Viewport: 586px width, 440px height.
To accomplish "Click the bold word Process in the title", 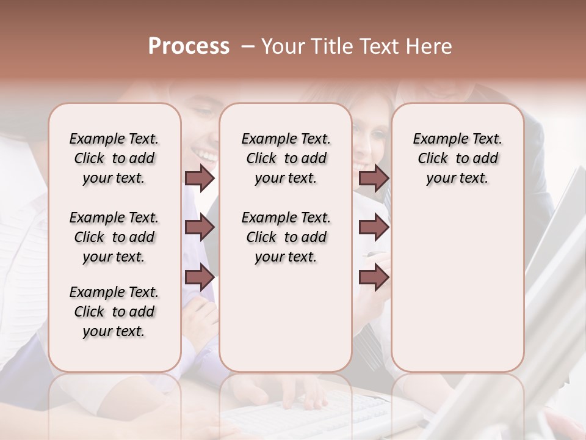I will (x=189, y=46).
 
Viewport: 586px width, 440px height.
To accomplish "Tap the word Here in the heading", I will (x=429, y=46).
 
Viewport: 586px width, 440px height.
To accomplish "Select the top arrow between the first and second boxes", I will (x=200, y=178).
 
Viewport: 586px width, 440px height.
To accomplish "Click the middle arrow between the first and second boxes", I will (x=200, y=228).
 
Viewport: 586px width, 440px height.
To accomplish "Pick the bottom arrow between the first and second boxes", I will (x=200, y=278).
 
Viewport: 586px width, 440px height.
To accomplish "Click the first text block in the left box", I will (x=114, y=158).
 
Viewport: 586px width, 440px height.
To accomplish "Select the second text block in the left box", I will (x=114, y=237).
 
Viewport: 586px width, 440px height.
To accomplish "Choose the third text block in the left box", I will (x=114, y=312).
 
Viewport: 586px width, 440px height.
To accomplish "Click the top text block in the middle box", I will (x=286, y=158).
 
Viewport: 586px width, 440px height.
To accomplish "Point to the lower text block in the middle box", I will (x=286, y=237).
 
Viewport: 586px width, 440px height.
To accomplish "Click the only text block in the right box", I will (x=457, y=158).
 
